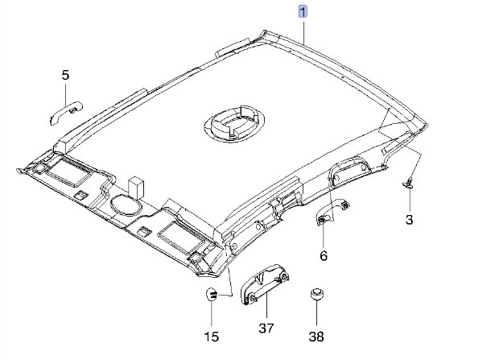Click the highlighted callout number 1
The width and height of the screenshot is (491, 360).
[x=303, y=12]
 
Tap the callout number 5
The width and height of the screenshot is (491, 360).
[x=65, y=75]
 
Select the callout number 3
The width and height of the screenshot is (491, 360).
[x=409, y=219]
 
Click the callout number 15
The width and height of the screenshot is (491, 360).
[x=211, y=336]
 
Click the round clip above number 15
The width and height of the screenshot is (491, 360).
[x=212, y=295]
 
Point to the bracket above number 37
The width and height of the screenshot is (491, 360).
[x=264, y=286]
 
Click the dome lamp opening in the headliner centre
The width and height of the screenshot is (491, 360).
[x=233, y=122]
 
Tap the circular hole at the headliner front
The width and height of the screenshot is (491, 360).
[x=124, y=204]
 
